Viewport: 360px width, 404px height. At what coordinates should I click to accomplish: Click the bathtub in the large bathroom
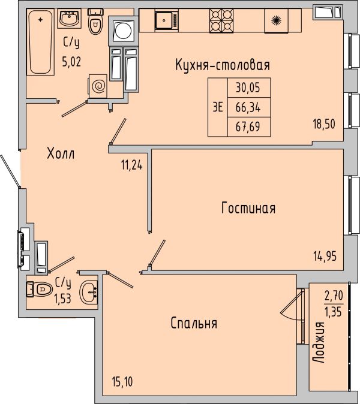pyautogui.click(x=40, y=42)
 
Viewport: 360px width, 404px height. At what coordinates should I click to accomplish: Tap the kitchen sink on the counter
pyautogui.click(x=167, y=20)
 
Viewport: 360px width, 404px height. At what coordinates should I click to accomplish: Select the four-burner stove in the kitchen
pyautogui.click(x=221, y=21)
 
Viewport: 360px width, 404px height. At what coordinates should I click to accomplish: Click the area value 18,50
pyautogui.click(x=324, y=124)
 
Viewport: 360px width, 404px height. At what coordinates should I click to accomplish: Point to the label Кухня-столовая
pyautogui.click(x=223, y=65)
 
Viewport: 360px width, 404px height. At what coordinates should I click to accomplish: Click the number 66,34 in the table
pyautogui.click(x=248, y=107)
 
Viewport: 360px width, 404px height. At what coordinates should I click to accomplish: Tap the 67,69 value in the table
pyautogui.click(x=248, y=126)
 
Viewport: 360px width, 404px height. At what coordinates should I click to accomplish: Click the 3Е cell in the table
pyautogui.click(x=218, y=107)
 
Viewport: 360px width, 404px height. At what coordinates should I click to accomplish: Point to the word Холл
pyautogui.click(x=61, y=153)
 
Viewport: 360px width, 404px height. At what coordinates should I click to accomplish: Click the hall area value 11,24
pyautogui.click(x=132, y=165)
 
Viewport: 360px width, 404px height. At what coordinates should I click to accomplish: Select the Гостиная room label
pyautogui.click(x=248, y=208)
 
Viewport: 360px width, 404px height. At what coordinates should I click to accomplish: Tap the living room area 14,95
pyautogui.click(x=325, y=257)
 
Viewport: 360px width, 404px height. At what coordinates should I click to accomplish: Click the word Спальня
pyautogui.click(x=194, y=323)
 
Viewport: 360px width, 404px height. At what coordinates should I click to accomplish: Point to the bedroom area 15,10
pyautogui.click(x=122, y=382)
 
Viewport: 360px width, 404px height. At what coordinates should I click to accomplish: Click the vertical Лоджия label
pyautogui.click(x=319, y=343)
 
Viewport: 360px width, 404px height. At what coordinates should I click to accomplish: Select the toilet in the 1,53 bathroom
pyautogui.click(x=40, y=289)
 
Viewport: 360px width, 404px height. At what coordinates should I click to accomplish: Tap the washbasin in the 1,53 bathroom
pyautogui.click(x=88, y=294)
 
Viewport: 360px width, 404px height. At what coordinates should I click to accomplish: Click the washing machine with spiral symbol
pyautogui.click(x=98, y=86)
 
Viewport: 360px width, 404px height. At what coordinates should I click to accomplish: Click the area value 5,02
pyautogui.click(x=71, y=62)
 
